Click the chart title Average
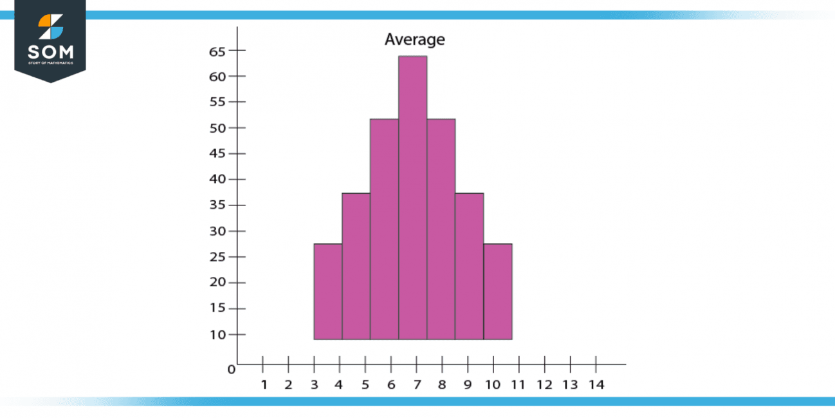point(414,40)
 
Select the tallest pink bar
point(412,197)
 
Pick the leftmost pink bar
point(327,291)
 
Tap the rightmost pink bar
point(497,291)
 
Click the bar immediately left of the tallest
point(384,229)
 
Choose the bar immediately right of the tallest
point(441,229)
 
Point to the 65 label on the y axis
point(218,51)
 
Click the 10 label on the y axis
point(218,334)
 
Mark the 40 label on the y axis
point(218,180)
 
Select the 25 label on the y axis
point(218,257)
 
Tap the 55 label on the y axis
point(218,102)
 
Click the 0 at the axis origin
point(231,370)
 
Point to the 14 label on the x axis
point(596,385)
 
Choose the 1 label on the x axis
point(264,385)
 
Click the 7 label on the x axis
point(417,385)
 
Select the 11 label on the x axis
point(518,385)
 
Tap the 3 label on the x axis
point(315,385)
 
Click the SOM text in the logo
point(50,52)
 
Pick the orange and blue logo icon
point(50,26)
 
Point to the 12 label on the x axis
point(544,385)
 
